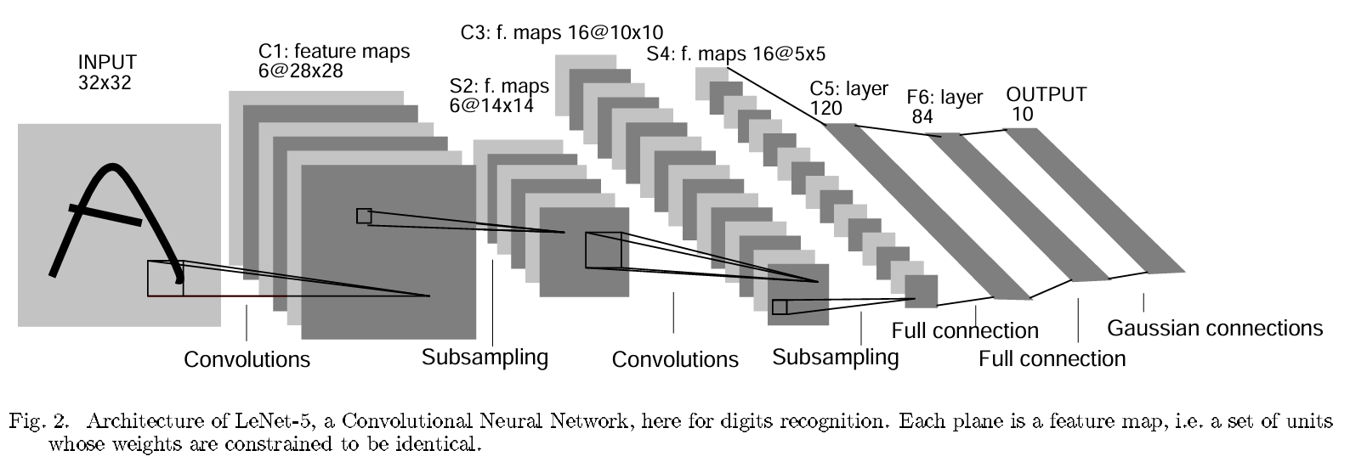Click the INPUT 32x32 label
click(107, 72)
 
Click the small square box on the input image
click(165, 279)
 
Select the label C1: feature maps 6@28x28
click(333, 61)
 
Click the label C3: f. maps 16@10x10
click(562, 32)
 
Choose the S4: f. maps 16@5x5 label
click(735, 54)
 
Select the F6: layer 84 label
click(944, 105)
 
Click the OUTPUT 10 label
click(1046, 104)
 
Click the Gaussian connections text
click(1215, 328)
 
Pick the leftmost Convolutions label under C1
click(247, 359)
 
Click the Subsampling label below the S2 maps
click(485, 357)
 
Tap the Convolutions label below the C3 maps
click(675, 359)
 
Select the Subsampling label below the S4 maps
click(835, 357)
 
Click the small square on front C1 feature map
click(364, 216)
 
